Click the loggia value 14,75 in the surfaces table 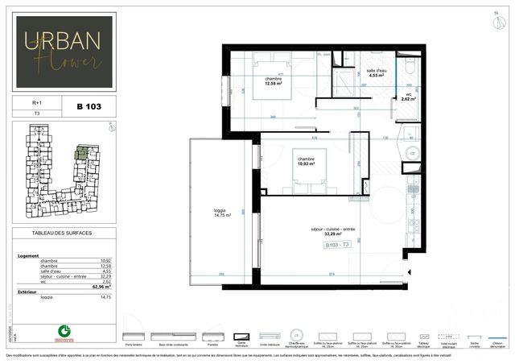pos(103,297)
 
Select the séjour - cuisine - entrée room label pos(337,232)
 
